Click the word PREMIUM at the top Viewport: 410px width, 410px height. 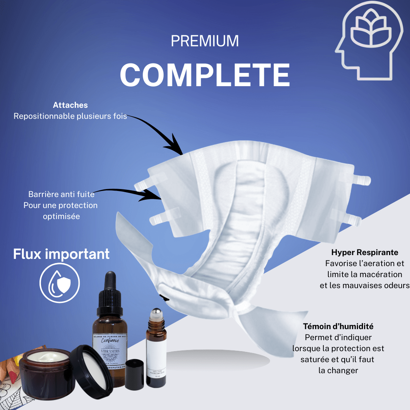click(x=205, y=41)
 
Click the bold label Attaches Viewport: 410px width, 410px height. click(x=70, y=105)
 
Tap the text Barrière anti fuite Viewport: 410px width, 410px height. click(x=61, y=194)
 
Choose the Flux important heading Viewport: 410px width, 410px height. click(x=61, y=254)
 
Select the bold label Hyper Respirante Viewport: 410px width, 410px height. click(x=364, y=252)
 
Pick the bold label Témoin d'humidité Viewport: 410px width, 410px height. click(x=338, y=326)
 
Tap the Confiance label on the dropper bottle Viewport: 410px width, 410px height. click(x=110, y=340)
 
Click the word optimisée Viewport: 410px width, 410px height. click(x=61, y=216)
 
